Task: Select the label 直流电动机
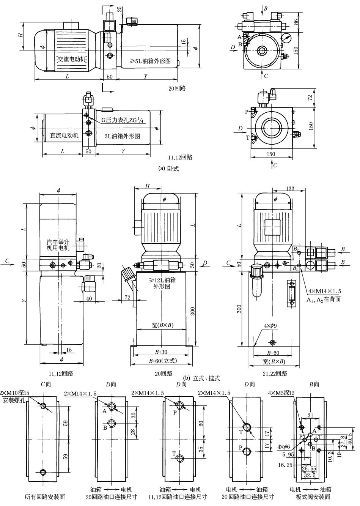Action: coord(64,135)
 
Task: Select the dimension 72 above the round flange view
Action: coord(310,97)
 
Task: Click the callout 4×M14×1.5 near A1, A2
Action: coord(324,291)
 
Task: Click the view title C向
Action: coord(46,385)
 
